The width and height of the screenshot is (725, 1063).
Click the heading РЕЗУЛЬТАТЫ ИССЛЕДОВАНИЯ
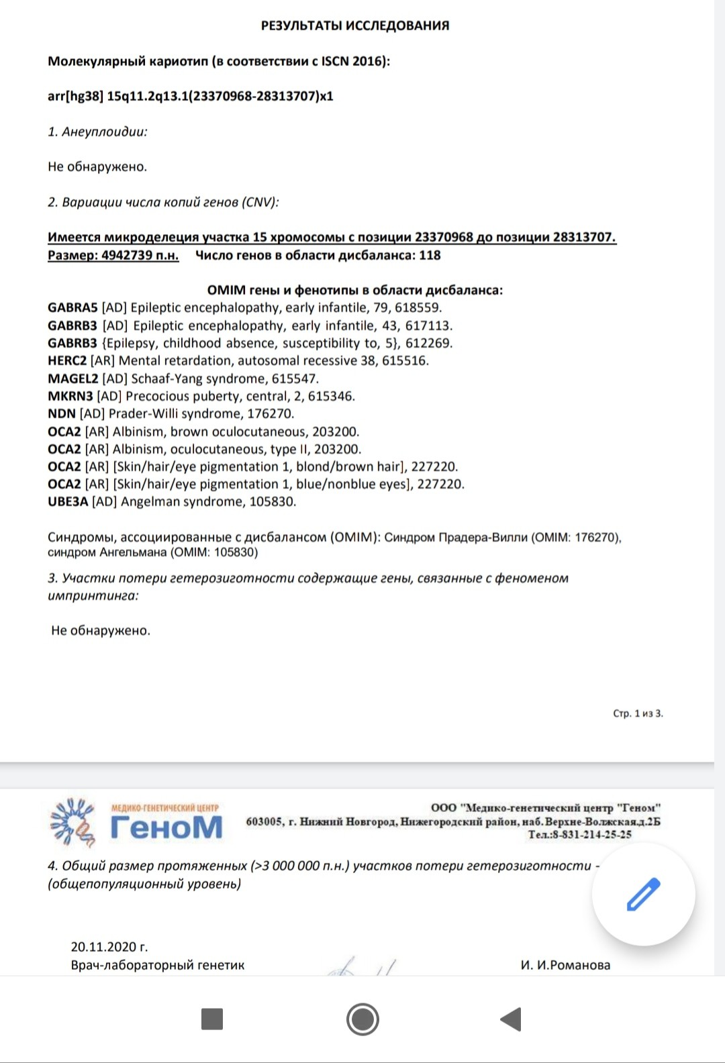pos(355,26)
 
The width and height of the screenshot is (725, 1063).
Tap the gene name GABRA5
pos(72,308)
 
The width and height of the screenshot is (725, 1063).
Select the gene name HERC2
pos(67,361)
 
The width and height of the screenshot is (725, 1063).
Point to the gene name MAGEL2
pos(72,378)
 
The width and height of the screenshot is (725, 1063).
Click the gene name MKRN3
pos(70,396)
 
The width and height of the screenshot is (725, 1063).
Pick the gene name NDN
pos(62,413)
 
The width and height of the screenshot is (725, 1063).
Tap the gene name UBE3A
pos(68,501)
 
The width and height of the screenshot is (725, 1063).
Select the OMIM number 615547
pos(295,378)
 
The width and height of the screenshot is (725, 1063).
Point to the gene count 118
pos(430,255)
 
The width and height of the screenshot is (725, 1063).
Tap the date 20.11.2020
pos(103,947)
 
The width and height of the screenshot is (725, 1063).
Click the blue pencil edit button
pos(643,894)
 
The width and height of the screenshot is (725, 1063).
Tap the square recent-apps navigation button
pos(212,1019)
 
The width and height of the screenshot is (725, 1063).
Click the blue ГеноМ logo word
pos(166,827)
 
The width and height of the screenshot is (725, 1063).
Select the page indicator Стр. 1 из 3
pos(638,713)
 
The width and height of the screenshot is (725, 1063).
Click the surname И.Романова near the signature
pos(573,965)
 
